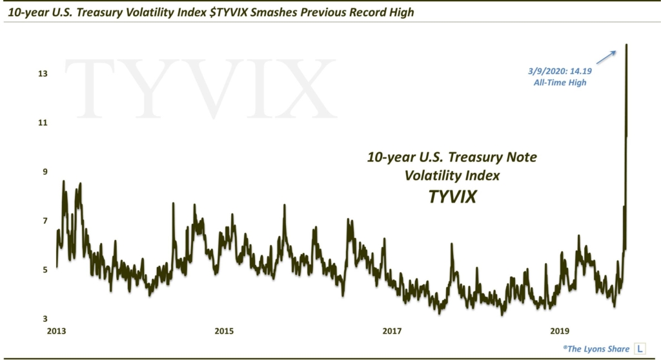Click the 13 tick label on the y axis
coord(43,74)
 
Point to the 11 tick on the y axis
coord(43,123)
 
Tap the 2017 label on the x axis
coord(392,332)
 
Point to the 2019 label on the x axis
coord(559,332)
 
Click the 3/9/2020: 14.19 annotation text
coord(558,72)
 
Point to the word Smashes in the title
coord(272,12)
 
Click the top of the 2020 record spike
coord(627,45)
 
